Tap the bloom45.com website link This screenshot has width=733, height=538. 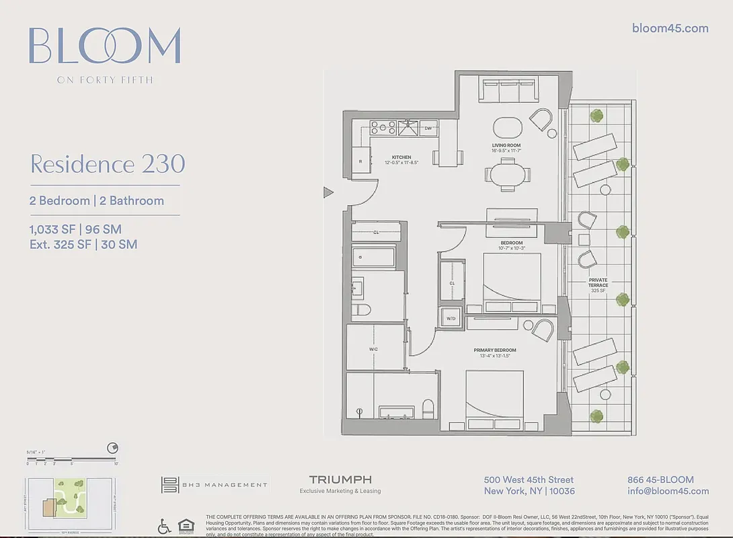point(670,28)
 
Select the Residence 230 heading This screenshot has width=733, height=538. point(108,164)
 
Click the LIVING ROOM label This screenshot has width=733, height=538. point(506,145)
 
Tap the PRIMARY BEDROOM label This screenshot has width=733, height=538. point(496,350)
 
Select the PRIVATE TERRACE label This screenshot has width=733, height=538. point(598,282)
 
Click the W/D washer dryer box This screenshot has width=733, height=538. point(450,318)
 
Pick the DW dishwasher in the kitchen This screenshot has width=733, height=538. point(428,128)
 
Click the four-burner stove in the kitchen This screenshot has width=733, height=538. point(383,127)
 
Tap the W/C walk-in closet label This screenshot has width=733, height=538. point(373,349)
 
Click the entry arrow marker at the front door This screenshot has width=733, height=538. point(328,193)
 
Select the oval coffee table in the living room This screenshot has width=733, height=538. point(507,128)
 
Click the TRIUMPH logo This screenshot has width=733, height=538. point(340,479)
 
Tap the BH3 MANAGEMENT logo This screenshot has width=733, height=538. point(214,484)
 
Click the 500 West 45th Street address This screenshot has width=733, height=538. point(529,479)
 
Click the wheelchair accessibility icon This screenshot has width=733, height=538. point(164,527)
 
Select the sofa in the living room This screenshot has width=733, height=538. point(507,91)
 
